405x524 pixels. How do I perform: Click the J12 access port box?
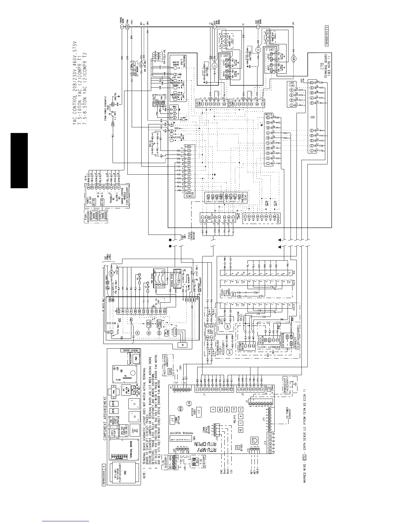(x=199, y=410)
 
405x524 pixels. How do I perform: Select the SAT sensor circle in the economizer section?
(x=231, y=352)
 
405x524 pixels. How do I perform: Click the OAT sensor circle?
(x=227, y=327)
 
